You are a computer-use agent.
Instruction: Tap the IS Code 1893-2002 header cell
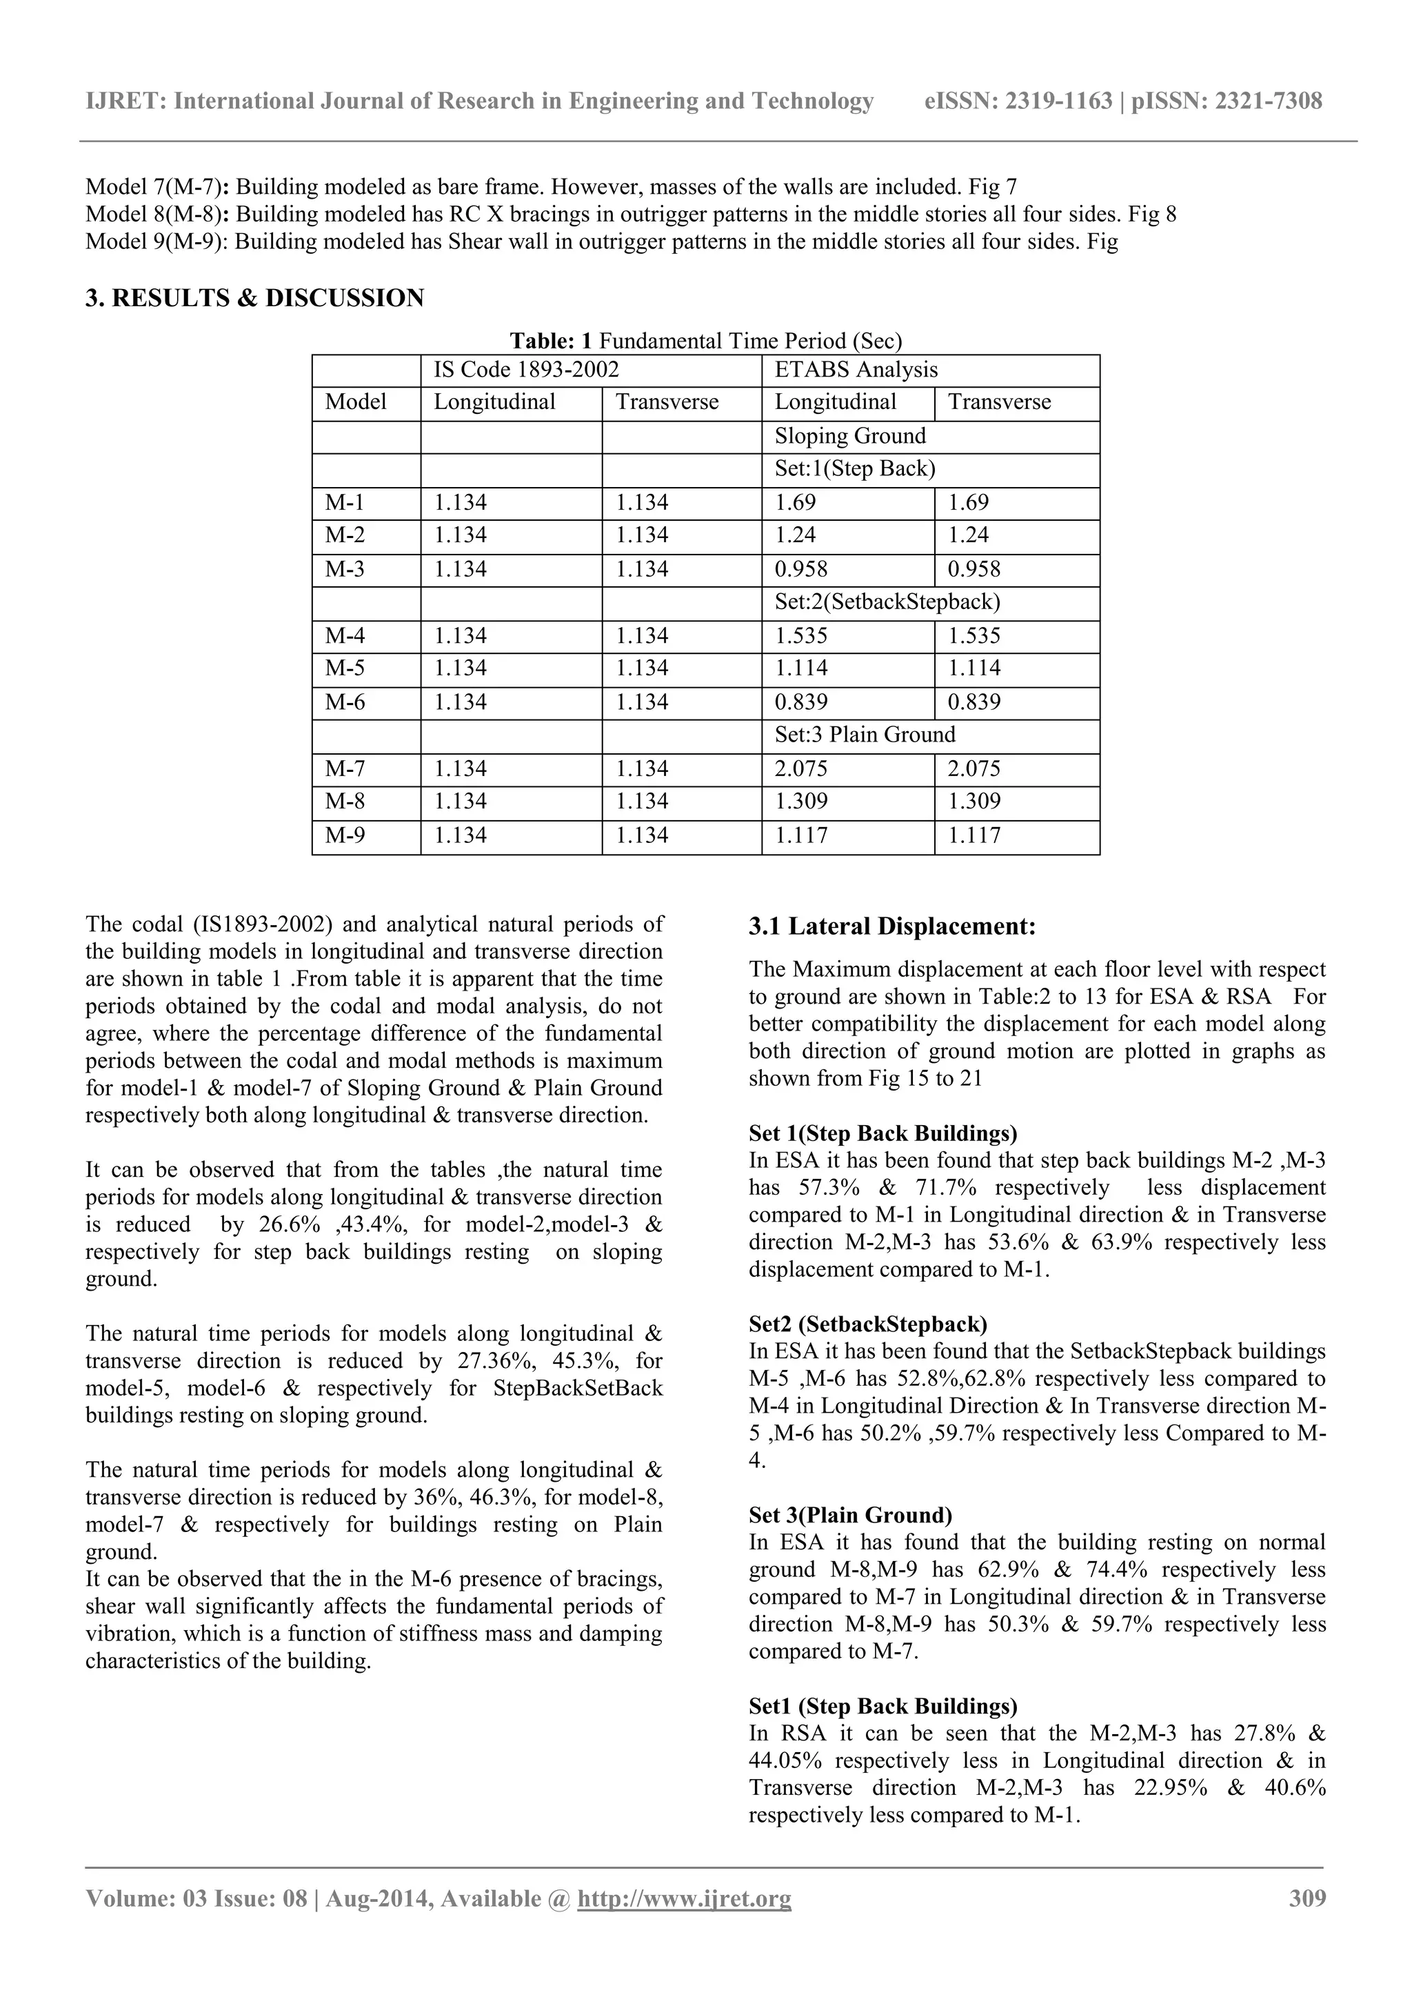tap(526, 370)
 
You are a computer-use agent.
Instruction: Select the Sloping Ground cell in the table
tap(849, 436)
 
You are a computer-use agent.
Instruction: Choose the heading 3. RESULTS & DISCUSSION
tap(254, 298)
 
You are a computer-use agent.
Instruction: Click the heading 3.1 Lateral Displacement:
tap(892, 926)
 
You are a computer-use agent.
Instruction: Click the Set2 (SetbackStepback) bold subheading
tap(868, 1324)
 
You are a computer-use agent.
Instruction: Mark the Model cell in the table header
tap(356, 402)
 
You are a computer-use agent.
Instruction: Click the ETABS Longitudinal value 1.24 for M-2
tap(796, 535)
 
